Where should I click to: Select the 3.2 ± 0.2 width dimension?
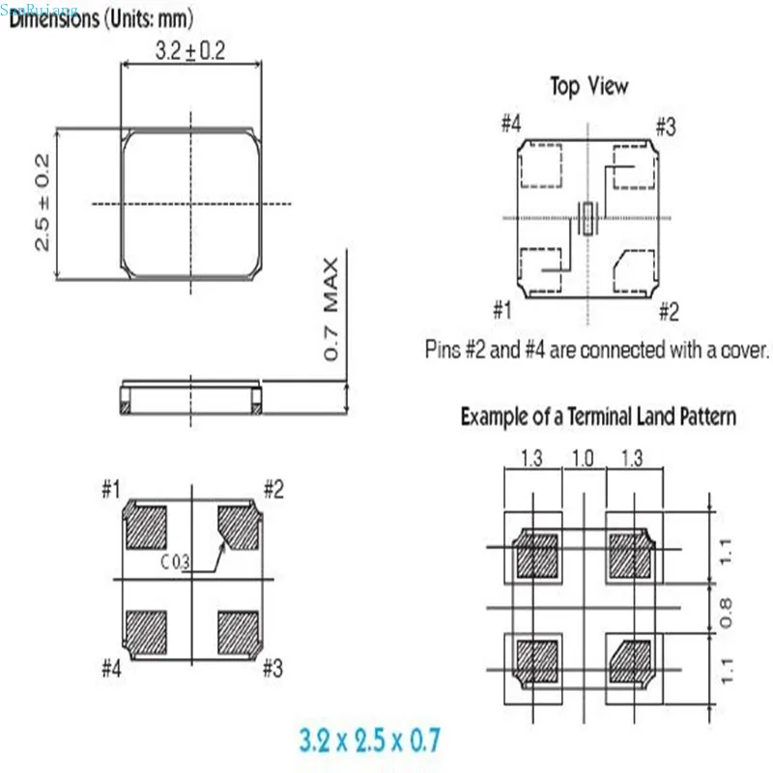(189, 52)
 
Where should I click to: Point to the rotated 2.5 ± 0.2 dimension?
(43, 203)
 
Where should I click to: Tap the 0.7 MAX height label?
(331, 310)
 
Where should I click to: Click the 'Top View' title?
(588, 86)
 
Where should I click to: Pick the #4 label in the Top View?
(512, 125)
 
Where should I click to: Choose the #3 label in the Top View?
(666, 127)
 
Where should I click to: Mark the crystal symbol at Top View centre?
(587, 217)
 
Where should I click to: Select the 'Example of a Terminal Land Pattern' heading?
(598, 417)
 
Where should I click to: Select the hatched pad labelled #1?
(147, 528)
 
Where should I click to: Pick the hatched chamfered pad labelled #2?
(238, 528)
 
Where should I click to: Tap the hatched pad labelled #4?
(147, 632)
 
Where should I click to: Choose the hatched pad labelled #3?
(238, 632)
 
